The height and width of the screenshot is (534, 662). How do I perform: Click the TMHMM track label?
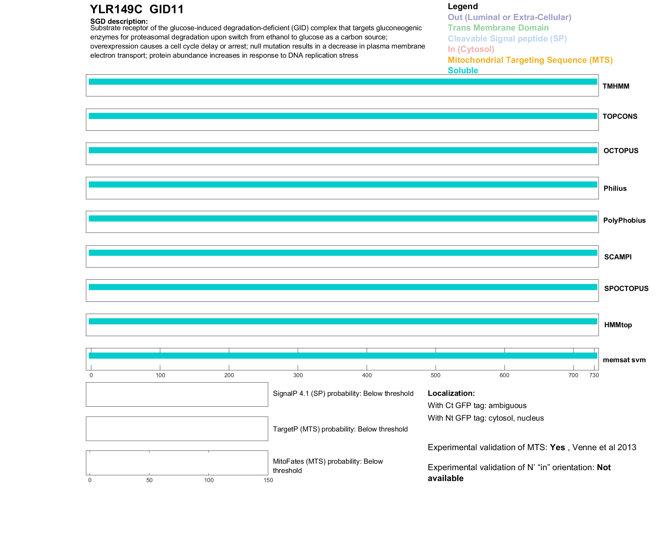615,86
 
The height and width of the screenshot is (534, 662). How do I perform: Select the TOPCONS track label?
620,116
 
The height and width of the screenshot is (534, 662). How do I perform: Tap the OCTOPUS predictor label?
621,151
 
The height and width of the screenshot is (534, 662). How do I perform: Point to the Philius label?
615,188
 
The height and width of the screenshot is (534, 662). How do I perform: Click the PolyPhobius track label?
624,220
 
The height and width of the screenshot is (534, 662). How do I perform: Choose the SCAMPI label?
618,257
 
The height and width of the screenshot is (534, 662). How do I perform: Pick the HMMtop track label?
618,325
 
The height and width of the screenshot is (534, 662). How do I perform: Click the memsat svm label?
624,360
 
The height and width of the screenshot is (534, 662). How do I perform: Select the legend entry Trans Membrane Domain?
498,28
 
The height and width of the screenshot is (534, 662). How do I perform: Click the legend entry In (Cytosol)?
471,49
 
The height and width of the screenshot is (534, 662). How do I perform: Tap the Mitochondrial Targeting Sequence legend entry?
530,60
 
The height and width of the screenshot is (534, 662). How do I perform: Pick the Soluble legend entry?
463,71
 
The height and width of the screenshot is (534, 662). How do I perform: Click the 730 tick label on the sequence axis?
594,375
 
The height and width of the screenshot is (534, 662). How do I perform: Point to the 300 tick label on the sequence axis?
298,375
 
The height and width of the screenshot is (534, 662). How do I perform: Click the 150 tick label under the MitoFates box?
268,480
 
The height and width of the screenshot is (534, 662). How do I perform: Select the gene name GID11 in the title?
166,9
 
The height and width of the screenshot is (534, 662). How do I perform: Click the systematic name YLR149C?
116,9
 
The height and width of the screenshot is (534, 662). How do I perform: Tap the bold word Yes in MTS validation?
557,447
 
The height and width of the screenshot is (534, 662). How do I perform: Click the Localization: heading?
451,393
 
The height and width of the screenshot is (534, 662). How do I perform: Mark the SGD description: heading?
119,21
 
